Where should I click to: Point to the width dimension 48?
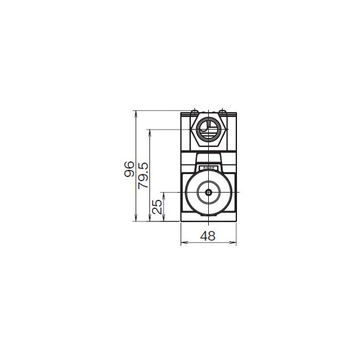208,236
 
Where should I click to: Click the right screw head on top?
223,112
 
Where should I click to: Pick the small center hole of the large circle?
208,193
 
